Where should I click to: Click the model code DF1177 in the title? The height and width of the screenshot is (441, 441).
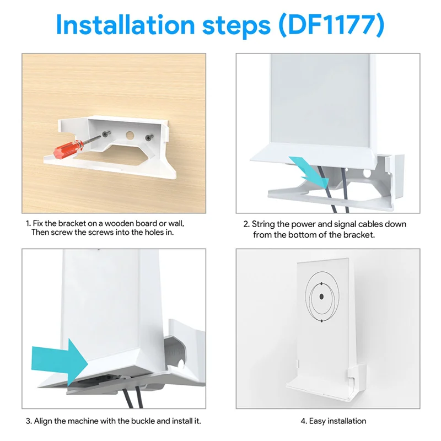(x=331, y=25)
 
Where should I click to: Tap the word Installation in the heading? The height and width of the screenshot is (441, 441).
(x=126, y=25)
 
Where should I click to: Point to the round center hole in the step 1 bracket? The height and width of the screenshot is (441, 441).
(x=130, y=135)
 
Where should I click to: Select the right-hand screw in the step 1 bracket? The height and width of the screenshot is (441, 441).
(x=149, y=137)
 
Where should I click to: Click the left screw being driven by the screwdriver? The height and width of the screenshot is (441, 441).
(x=106, y=133)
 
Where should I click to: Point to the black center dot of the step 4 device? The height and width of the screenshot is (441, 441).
(x=321, y=297)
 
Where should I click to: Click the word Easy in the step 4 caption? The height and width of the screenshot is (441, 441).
(x=318, y=421)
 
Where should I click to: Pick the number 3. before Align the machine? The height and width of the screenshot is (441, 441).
(x=29, y=421)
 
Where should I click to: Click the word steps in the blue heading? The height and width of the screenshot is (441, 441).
(x=236, y=26)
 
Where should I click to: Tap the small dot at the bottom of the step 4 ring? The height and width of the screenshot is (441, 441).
(x=322, y=321)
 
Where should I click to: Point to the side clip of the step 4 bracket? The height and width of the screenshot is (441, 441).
(x=357, y=376)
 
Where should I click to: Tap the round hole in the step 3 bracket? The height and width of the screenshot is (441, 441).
(x=181, y=364)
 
